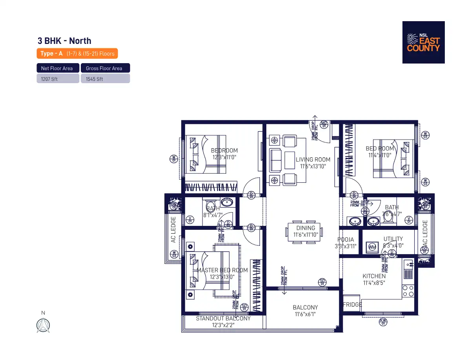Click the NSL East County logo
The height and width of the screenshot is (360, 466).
423,42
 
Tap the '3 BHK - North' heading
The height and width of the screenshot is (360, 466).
64,41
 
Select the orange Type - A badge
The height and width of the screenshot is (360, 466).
77,54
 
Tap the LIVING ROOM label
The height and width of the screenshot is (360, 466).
313,160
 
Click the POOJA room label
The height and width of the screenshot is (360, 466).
346,240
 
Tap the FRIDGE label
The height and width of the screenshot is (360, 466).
352,304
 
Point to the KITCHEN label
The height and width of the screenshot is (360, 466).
374,276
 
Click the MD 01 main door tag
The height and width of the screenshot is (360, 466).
324,124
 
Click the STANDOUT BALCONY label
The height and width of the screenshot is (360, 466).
223,318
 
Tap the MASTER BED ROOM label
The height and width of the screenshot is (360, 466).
222,270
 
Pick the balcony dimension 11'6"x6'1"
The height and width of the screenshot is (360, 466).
305,314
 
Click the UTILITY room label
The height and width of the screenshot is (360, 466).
393,239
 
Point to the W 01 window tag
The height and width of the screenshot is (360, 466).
173,159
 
